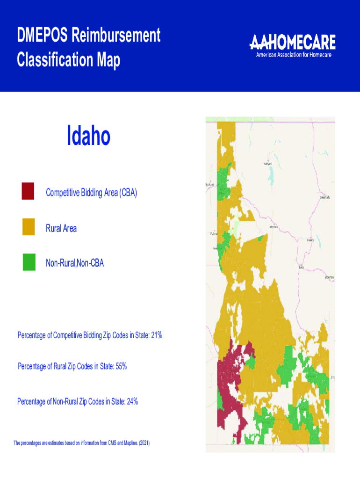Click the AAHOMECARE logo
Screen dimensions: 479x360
[x=293, y=43]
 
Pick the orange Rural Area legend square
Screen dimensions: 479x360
[x=29, y=227]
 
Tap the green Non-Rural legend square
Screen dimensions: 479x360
[x=29, y=262]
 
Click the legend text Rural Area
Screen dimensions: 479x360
[x=61, y=228]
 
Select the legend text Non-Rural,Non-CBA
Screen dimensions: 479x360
[x=75, y=264]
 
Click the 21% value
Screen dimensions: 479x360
[x=156, y=335]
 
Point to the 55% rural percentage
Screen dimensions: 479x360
[x=121, y=366]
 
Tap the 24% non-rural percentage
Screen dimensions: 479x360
[x=132, y=401]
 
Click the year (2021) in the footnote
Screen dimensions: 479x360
[x=144, y=443]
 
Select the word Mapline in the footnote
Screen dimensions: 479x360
[x=126, y=443]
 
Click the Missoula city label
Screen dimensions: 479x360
[x=274, y=227]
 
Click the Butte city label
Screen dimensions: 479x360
[x=301, y=267]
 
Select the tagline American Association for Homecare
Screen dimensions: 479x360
[x=293, y=55]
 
